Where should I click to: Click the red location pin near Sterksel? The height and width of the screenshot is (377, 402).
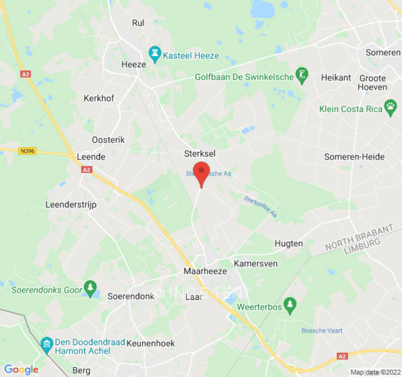point(202,172)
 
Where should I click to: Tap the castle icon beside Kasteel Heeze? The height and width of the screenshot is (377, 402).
point(154,55)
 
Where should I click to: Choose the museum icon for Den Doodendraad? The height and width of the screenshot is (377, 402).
point(46,344)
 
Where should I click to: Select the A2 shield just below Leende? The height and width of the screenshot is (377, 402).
point(86,170)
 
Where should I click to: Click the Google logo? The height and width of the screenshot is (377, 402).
point(21,370)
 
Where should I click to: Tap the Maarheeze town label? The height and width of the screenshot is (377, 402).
point(205,271)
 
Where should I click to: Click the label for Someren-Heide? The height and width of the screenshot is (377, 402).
point(354,157)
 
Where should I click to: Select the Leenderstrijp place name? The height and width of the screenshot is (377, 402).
point(71,205)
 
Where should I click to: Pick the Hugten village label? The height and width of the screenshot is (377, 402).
point(288,244)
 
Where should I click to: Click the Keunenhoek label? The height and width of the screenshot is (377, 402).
point(150,344)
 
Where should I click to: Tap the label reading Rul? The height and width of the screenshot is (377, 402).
point(138,23)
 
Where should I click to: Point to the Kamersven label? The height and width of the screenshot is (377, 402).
point(255,263)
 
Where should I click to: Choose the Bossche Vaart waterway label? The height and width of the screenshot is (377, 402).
point(322,330)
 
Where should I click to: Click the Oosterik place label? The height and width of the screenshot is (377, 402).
point(108,140)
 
